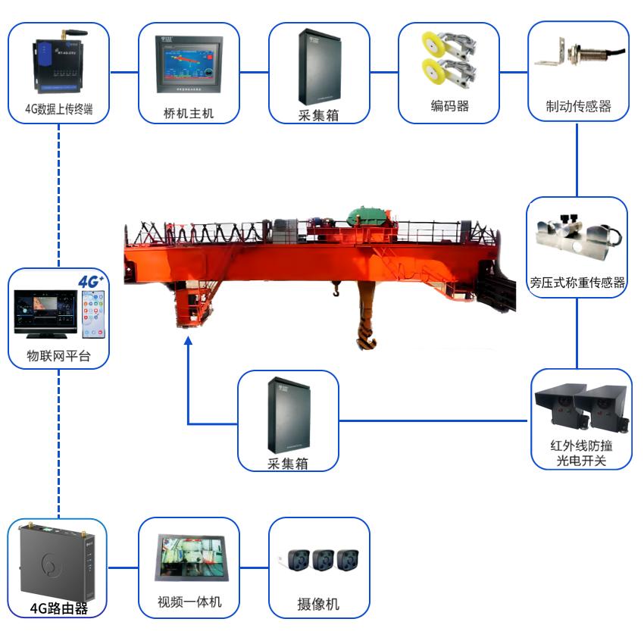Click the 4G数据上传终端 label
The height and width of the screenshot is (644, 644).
(x=58, y=108)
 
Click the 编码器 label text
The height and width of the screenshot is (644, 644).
(x=449, y=106)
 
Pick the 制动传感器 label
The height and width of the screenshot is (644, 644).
(x=578, y=106)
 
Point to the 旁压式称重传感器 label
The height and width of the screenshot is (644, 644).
(x=578, y=283)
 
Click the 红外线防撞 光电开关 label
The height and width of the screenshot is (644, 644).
(x=581, y=452)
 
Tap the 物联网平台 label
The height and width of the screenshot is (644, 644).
(x=58, y=356)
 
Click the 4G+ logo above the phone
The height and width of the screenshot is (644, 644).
(x=91, y=283)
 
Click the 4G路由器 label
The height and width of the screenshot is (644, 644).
(x=58, y=608)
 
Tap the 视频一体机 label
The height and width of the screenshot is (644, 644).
(x=189, y=602)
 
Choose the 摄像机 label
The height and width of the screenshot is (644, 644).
(x=318, y=605)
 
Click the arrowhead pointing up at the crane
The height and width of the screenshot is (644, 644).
(x=188, y=343)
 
